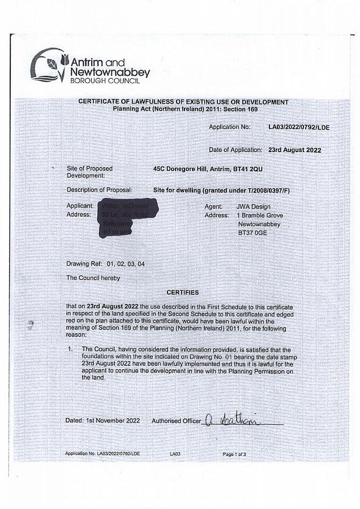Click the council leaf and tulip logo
pos(49,65)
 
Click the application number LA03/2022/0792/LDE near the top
pos(298,127)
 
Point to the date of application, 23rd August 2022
pos(294,150)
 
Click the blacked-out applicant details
pos(127,218)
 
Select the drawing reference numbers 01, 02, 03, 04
pos(125,264)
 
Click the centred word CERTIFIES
pos(183,292)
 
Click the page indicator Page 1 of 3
pos(234,454)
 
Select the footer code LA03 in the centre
pos(175,454)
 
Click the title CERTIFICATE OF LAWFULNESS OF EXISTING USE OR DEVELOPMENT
pos(183,102)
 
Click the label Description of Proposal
pos(99,190)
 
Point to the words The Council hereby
pos(93,278)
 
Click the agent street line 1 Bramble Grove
pos(260,215)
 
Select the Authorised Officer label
pos(175,421)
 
